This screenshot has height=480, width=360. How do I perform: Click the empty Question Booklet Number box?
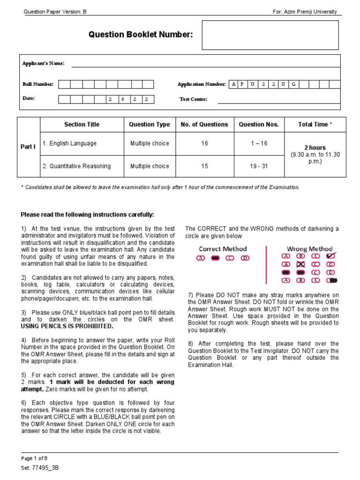[270, 35]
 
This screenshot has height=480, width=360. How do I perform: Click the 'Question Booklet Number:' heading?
[141, 35]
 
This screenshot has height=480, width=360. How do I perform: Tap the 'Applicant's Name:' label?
[44, 63]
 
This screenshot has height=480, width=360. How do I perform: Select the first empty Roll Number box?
[64, 84]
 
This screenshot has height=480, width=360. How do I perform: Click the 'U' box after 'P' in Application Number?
[254, 84]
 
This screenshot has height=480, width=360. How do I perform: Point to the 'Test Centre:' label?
[193, 99]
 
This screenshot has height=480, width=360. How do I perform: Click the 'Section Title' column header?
[82, 125]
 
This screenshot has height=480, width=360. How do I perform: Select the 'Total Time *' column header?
[315, 125]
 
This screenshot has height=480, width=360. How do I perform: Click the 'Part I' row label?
[28, 147]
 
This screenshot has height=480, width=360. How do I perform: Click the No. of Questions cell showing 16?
[204, 143]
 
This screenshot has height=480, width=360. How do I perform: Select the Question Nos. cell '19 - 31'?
[259, 166]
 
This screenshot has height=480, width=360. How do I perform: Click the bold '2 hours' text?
[315, 148]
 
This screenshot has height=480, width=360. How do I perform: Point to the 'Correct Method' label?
[223, 249]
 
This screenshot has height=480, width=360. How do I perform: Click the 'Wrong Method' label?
[309, 249]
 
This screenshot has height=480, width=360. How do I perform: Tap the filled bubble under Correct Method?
[216, 258]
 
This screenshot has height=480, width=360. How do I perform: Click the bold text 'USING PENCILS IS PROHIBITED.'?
[67, 326]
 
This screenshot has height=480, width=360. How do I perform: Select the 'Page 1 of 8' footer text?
[34, 458]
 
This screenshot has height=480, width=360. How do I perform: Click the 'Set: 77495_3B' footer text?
[40, 468]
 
